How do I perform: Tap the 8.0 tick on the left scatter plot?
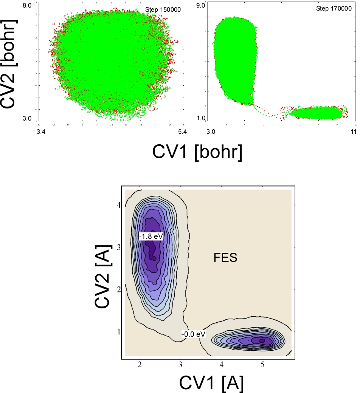[x=28, y=6]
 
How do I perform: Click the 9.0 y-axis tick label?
[x=201, y=6]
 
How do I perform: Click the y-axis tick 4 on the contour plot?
[x=118, y=205]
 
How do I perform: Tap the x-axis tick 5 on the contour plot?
[x=262, y=365]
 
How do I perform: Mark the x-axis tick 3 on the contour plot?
[x=181, y=365]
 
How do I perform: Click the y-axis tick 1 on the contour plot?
[x=118, y=331]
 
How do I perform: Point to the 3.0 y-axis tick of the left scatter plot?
[x=28, y=119]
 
